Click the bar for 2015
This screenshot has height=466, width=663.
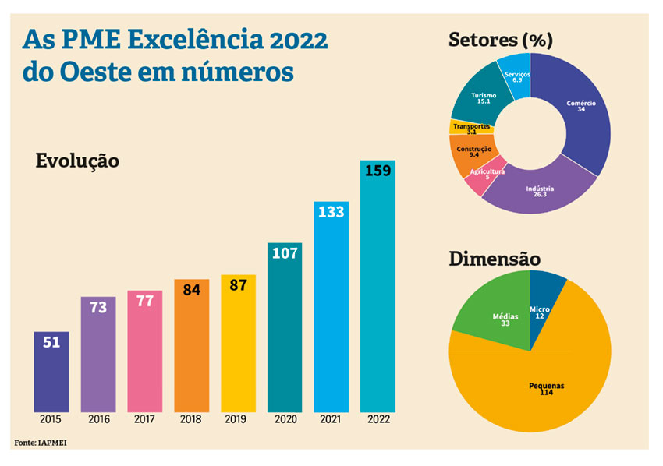51,372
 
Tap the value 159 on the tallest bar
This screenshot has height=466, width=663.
378,170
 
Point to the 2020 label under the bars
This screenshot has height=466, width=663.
285,419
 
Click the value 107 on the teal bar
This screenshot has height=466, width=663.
285,252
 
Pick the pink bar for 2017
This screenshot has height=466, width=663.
144,351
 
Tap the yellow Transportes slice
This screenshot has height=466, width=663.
470,128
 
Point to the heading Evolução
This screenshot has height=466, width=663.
77,161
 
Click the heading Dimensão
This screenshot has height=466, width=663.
494,259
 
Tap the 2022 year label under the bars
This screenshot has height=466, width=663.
378,419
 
